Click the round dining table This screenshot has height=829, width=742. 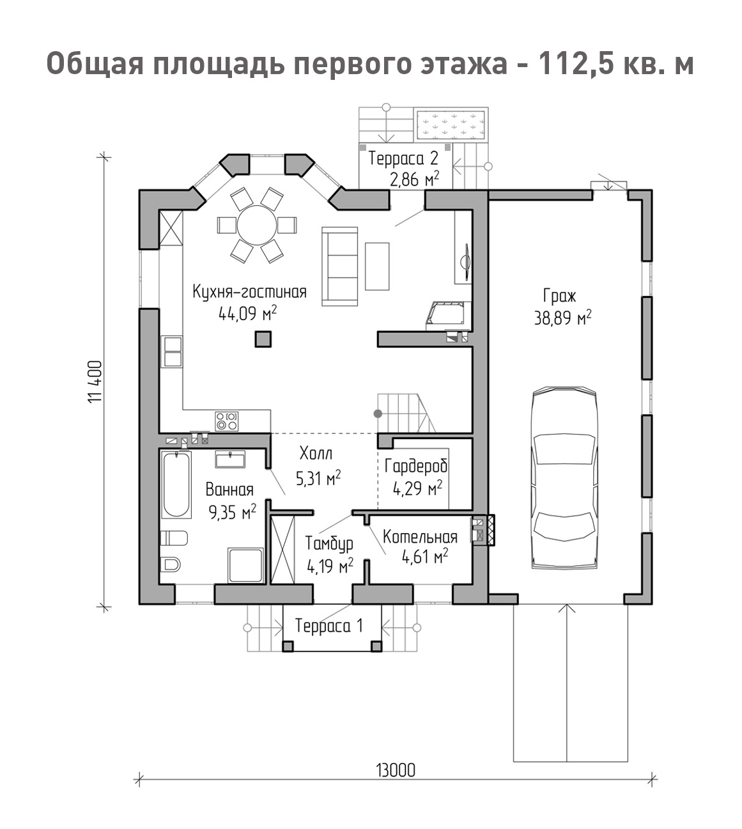[x=257, y=225]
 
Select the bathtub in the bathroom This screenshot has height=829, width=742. [x=176, y=485]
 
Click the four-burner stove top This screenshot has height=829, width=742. [x=227, y=421]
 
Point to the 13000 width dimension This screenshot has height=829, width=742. [x=396, y=771]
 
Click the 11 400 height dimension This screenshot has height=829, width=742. [x=95, y=382]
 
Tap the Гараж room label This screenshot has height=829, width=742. [x=559, y=296]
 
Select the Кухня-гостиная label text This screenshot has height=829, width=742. [x=249, y=292]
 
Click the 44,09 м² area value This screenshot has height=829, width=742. [x=247, y=314]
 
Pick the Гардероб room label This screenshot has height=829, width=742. [x=416, y=467]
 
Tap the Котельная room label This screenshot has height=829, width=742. [x=420, y=537]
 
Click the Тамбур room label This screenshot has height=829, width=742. [x=329, y=544]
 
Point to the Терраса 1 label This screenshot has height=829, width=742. [x=329, y=626]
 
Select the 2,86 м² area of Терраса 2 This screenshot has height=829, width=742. [x=415, y=179]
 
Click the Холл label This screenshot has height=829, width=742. [x=316, y=453]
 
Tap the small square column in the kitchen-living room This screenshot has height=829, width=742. [x=263, y=339]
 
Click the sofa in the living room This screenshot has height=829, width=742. [x=340, y=267]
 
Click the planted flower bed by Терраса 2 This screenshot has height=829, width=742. [x=451, y=125]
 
